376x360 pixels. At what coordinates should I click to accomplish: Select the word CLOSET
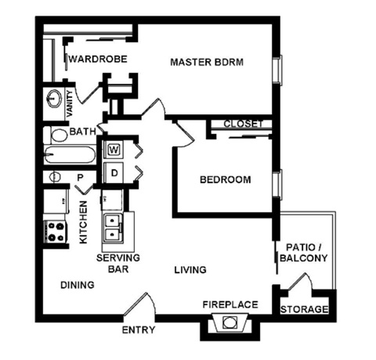pyautogui.click(x=243, y=124)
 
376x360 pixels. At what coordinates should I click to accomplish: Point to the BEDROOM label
pyautogui.click(x=226, y=180)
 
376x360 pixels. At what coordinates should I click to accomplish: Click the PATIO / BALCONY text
pyautogui.click(x=302, y=251)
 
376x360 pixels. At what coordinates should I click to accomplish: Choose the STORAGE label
pyautogui.click(x=305, y=309)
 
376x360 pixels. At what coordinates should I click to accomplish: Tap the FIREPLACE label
pyautogui.click(x=230, y=304)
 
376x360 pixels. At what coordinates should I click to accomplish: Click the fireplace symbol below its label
pyautogui.click(x=231, y=322)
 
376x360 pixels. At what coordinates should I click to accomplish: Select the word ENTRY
pyautogui.click(x=138, y=330)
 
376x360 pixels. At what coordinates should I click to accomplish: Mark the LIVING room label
pyautogui.click(x=190, y=270)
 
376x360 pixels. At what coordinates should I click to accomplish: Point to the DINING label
pyautogui.click(x=77, y=286)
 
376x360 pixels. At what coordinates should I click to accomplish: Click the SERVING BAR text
pyautogui.click(x=117, y=263)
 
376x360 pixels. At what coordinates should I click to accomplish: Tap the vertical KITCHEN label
pyautogui.click(x=84, y=223)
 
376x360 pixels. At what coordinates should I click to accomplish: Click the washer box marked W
pyautogui.click(x=114, y=149)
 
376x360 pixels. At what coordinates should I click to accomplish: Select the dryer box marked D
pyautogui.click(x=114, y=171)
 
